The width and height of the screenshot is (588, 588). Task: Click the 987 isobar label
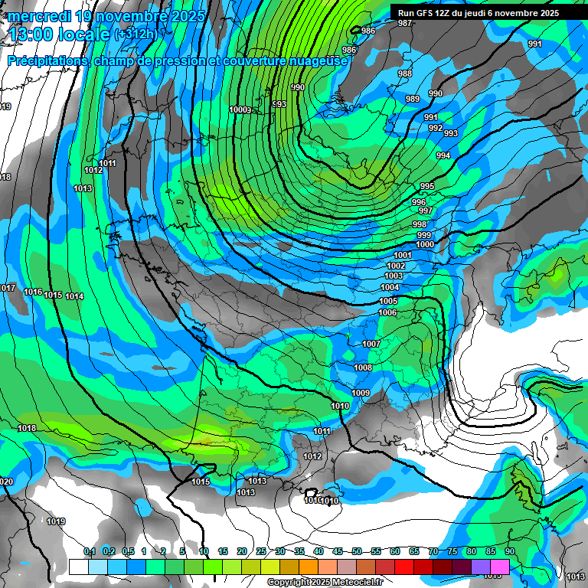coord(405,23)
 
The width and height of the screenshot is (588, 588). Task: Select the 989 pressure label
coord(413,99)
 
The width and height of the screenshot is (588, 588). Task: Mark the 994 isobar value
coord(443,155)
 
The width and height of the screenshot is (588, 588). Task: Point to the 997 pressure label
coord(426,211)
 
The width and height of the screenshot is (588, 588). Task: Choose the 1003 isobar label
coord(394,276)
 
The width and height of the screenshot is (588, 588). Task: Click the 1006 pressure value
coord(387,312)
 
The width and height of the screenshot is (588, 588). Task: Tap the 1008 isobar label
coord(363,367)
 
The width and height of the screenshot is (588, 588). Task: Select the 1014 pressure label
coord(74,296)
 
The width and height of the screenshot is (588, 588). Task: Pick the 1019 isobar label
coord(55,521)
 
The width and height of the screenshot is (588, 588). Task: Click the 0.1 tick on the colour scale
coord(89,551)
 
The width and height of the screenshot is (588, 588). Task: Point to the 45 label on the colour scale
coord(337,551)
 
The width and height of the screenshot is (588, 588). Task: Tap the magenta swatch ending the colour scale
coord(500,567)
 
